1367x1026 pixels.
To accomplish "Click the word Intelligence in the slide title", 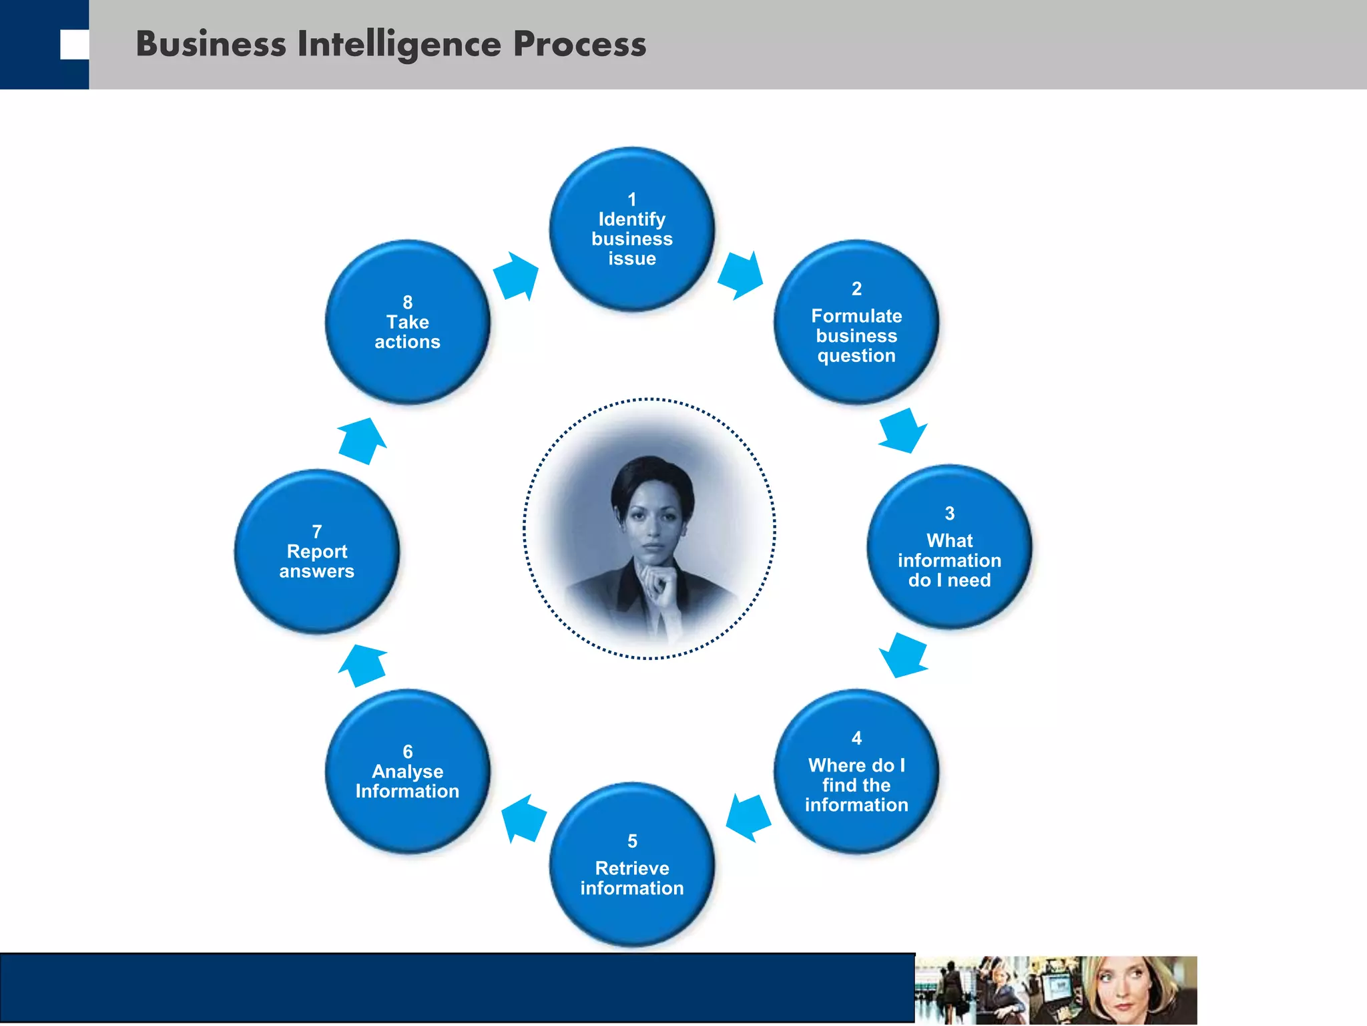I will coord(398,44).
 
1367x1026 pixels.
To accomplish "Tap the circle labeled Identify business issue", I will coord(631,230).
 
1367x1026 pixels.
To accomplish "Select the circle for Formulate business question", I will coord(856,323).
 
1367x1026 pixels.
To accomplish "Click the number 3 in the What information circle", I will coord(949,513).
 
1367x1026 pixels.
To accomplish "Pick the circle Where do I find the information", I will coord(856,772).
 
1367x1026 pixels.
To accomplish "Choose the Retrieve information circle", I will coord(631,866).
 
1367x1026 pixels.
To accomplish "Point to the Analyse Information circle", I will coord(407,772).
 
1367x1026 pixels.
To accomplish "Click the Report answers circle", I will coord(316,552).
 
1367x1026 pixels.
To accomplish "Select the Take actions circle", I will coord(407,323).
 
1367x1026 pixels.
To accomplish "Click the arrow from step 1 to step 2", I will coord(742,275).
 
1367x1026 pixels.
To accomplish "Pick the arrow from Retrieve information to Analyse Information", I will coord(523,818).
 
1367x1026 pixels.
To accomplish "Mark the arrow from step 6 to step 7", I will coord(362,665).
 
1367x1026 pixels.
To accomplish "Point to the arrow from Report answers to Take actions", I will coord(362,441).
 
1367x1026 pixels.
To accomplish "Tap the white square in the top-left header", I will coord(74,45).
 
